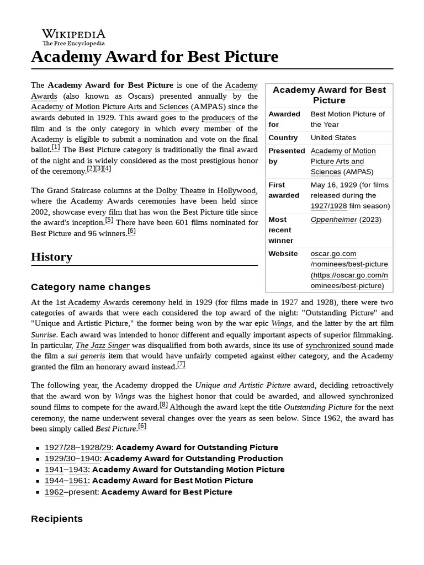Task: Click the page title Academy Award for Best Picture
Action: click(155, 57)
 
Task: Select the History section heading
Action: click(51, 257)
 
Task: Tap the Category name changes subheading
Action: click(91, 287)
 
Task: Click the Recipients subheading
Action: click(57, 519)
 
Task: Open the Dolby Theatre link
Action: click(180, 190)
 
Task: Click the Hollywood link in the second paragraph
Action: click(236, 190)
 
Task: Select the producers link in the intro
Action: click(218, 118)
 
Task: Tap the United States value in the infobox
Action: click(333, 137)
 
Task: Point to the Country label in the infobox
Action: click(283, 137)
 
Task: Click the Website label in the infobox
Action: click(283, 254)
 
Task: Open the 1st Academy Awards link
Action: click(92, 302)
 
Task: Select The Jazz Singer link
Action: click(103, 345)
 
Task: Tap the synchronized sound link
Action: click(339, 345)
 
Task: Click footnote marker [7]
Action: click(181, 365)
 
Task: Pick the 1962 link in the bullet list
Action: click(54, 492)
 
